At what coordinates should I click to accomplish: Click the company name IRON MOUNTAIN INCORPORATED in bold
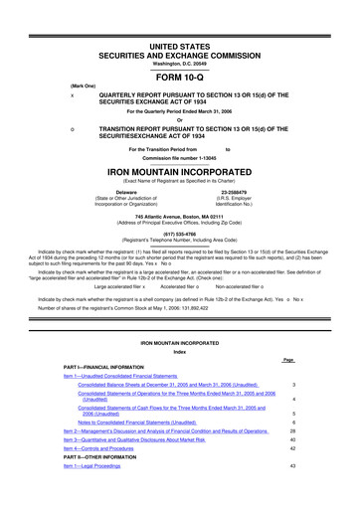179,171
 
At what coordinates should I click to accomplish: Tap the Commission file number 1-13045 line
179,158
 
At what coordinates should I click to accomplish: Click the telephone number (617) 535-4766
179,234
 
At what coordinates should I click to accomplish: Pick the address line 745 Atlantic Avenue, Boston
179,216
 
